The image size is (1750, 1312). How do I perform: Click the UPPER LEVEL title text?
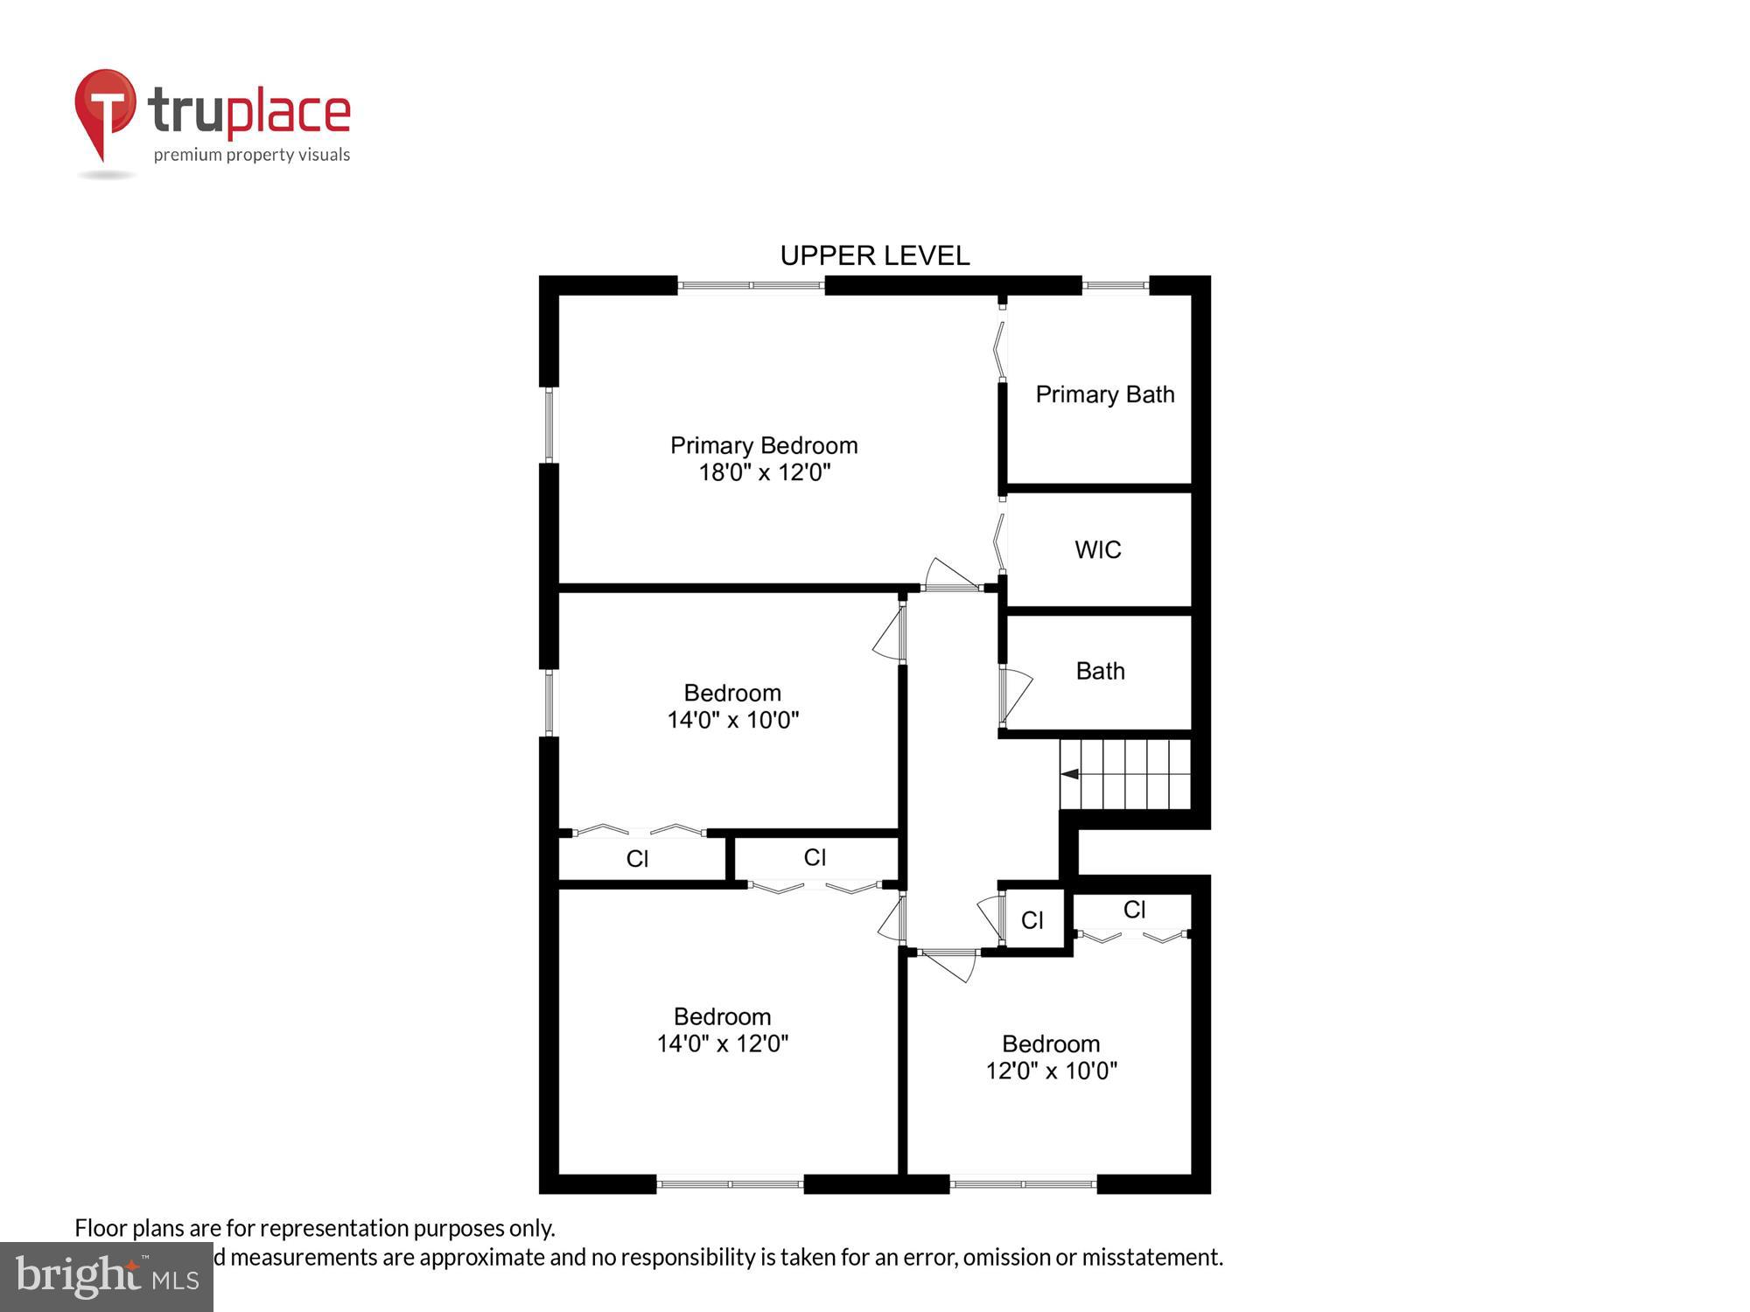click(874, 255)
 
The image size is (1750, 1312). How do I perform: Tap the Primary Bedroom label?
click(764, 445)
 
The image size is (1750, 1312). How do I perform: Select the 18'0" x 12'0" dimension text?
click(764, 473)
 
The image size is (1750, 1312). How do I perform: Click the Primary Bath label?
click(1104, 394)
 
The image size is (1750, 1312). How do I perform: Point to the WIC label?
click(1097, 550)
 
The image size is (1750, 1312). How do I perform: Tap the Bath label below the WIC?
click(1100, 671)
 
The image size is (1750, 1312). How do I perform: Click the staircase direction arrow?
click(1069, 774)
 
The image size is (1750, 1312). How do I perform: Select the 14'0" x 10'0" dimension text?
click(733, 720)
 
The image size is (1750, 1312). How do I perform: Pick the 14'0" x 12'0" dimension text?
click(723, 1043)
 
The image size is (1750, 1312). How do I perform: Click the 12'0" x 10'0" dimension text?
click(1051, 1071)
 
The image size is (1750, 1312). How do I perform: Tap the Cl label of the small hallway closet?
click(1032, 920)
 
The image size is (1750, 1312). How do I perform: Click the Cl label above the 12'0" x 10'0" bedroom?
click(1134, 910)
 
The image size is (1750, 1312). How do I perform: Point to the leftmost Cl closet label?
click(637, 859)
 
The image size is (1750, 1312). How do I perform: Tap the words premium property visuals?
click(252, 156)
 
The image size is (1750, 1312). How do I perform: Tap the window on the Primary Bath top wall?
click(1116, 285)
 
